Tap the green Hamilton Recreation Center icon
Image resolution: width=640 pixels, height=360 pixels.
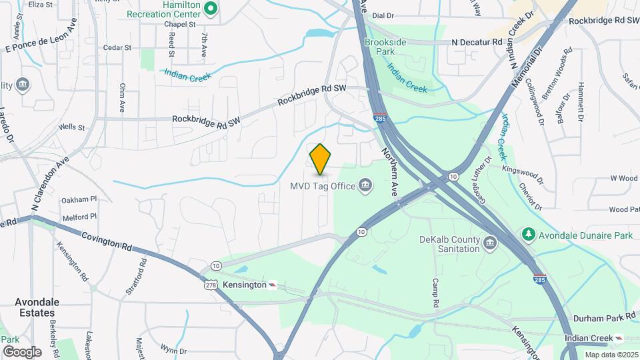211,9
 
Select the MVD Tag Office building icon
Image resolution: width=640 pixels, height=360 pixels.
365,185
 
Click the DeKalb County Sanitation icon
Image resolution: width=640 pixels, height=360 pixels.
491,242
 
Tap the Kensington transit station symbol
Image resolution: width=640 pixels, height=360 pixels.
272,285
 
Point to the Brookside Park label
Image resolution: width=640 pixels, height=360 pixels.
385,47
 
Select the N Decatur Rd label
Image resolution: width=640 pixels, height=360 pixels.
477,41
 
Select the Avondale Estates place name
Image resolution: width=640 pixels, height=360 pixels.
37,307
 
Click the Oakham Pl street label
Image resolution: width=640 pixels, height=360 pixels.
79,199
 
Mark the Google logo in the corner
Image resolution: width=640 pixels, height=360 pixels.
22,352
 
